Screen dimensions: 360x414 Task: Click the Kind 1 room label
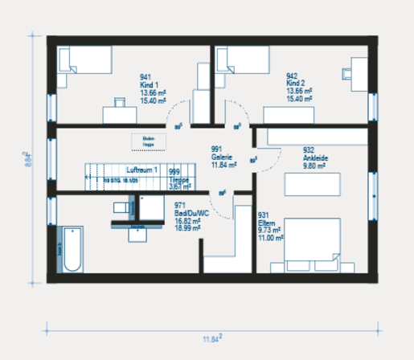pos(150,84)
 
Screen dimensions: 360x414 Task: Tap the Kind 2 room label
pos(296,83)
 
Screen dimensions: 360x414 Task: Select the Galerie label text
pos(222,157)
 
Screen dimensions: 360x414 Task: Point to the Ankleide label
pos(315,158)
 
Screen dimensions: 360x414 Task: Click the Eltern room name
pos(266,223)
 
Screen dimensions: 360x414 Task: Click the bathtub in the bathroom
pos(72,250)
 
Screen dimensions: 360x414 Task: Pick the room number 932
pos(308,150)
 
